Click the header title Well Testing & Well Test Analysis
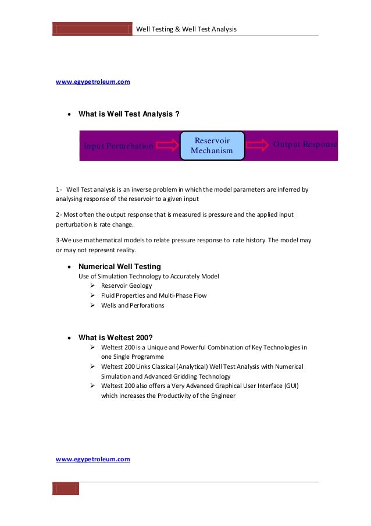(x=185, y=29)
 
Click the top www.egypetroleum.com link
(x=92, y=82)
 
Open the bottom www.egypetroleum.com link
(x=92, y=459)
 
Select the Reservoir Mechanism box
(x=212, y=146)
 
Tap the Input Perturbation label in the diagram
(x=118, y=146)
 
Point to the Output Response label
(x=305, y=144)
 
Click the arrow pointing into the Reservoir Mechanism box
(x=167, y=145)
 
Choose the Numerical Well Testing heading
(x=120, y=266)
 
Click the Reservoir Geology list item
(x=126, y=286)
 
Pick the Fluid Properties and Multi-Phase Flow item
(x=154, y=295)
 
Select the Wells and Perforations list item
(x=133, y=305)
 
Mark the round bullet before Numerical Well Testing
(x=70, y=267)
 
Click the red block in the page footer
(x=66, y=489)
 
